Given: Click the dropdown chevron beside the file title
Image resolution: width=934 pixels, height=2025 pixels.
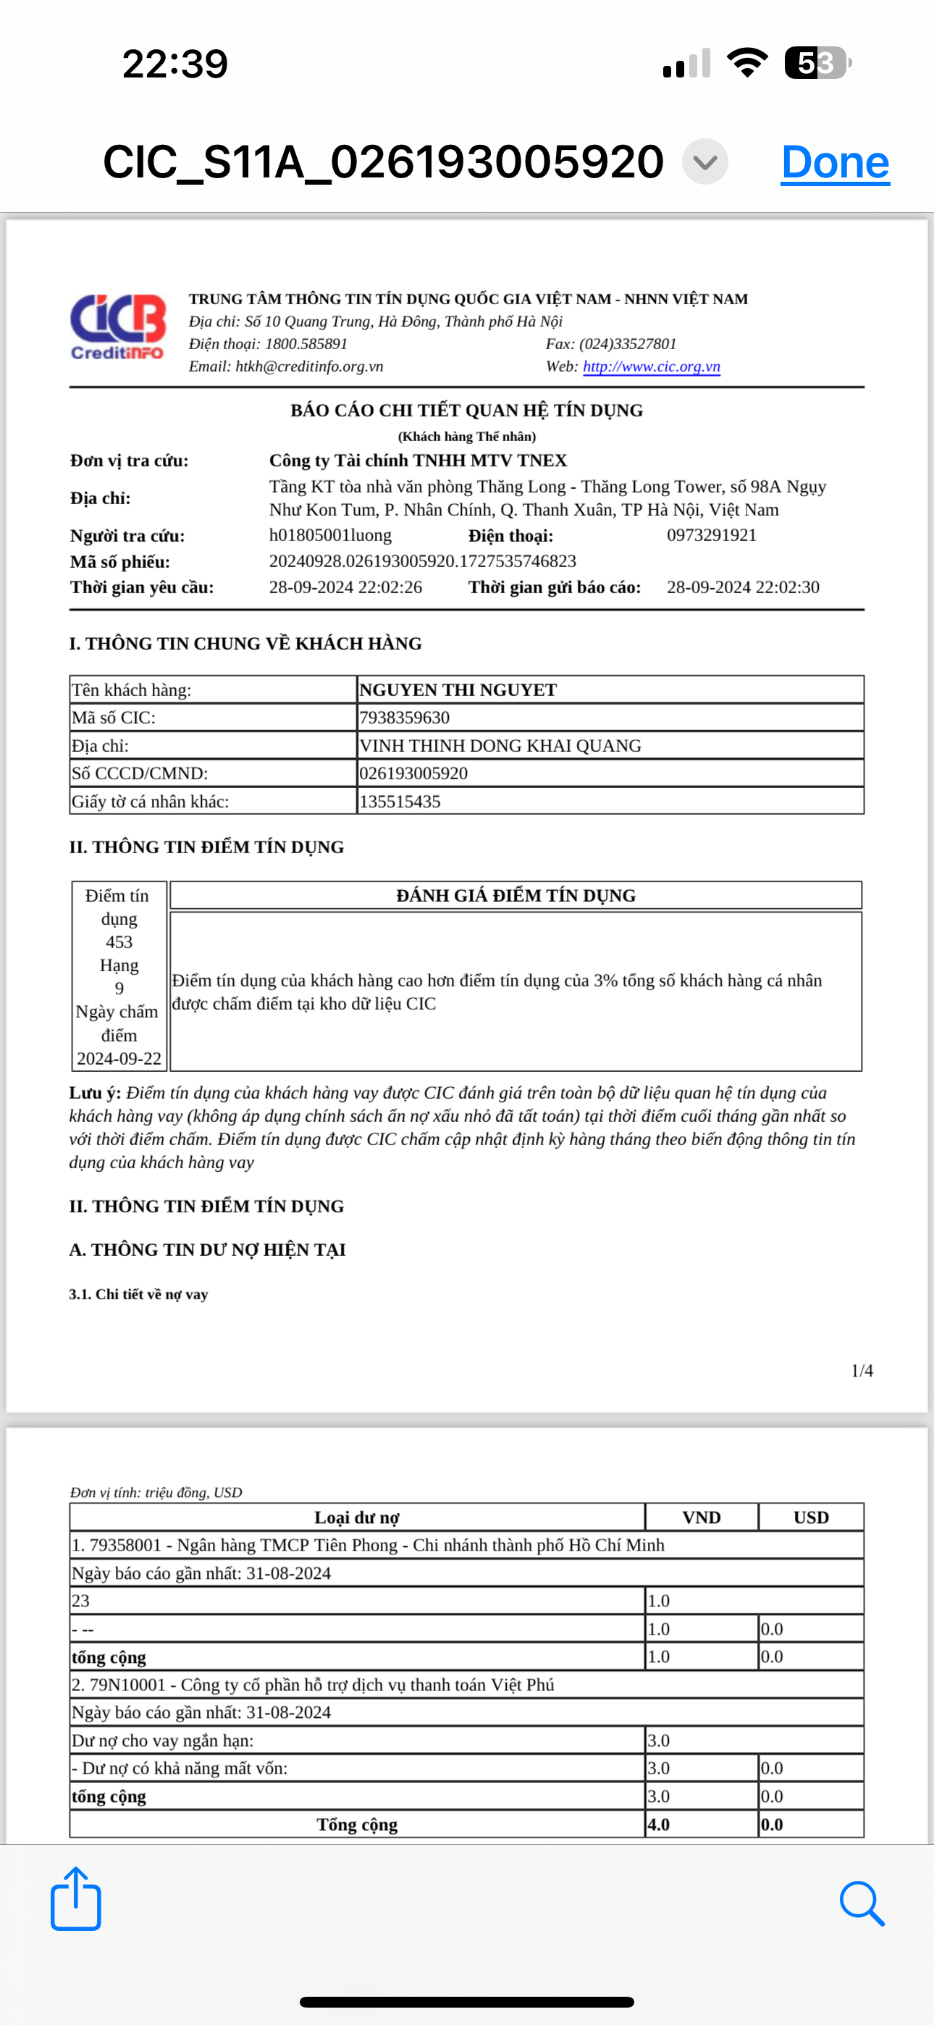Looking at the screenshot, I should coord(705,162).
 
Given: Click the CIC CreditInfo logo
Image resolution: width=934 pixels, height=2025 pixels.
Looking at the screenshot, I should coord(118,327).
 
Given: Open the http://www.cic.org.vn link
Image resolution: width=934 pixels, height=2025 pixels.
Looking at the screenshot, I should coord(651,366).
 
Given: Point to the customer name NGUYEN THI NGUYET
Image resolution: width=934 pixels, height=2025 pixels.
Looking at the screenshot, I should coord(458,690).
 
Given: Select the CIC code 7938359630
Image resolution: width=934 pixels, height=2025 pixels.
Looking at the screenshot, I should coord(404,718).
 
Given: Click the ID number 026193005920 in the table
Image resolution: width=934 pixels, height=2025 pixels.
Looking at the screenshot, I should coord(413,773).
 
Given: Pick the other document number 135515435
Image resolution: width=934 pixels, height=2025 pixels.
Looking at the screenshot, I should coord(400,802).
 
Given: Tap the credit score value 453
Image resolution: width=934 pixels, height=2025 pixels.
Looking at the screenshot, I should coord(119,942).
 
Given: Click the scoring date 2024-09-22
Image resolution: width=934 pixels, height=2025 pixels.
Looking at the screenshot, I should coord(119,1059).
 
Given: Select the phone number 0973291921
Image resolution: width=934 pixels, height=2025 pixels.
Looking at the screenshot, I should coord(712,535).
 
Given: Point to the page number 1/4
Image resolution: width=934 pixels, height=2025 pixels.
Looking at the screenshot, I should coord(862,1371).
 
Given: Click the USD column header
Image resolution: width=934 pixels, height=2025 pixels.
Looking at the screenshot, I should coord(811,1517).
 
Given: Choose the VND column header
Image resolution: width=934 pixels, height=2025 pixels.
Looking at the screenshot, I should coord(702,1517).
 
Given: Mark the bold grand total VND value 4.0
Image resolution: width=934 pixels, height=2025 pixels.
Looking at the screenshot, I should coord(659,1824).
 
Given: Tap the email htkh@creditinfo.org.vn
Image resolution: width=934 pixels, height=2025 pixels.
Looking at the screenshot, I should coord(309,366).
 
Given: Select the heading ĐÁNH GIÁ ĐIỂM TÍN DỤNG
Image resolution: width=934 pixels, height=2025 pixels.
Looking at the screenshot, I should coord(516,895).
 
